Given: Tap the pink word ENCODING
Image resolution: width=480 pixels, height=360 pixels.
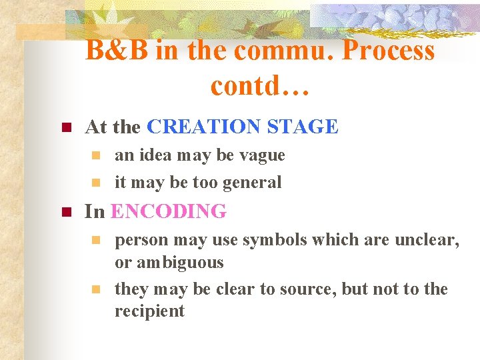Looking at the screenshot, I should [169, 212].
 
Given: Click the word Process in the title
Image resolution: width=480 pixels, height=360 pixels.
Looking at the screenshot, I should [389, 51].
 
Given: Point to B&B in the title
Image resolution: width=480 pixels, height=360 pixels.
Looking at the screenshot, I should [117, 51].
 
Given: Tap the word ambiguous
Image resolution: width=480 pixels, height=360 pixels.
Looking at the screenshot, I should [180, 263].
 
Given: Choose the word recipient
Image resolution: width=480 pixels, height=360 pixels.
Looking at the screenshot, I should [149, 311].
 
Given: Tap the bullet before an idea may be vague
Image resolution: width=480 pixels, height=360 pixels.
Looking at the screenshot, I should [96, 155].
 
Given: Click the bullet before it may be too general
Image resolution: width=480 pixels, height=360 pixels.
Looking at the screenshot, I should [96, 182].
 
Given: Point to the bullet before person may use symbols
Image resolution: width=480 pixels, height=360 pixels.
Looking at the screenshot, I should [96, 239].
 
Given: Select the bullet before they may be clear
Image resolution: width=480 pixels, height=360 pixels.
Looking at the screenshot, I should [96, 289].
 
